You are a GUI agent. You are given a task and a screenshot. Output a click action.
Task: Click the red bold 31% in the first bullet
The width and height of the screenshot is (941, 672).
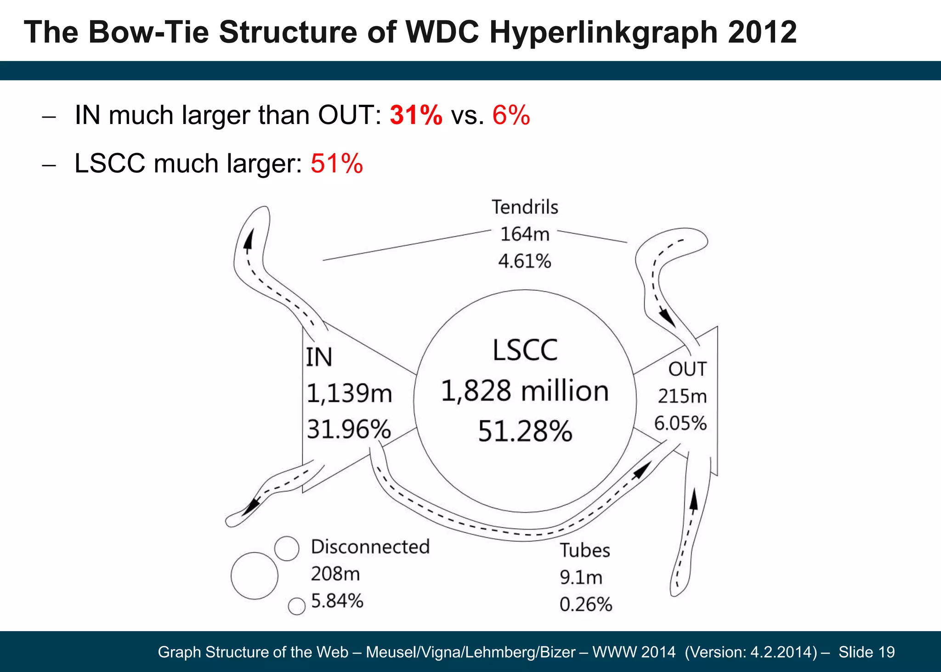tap(416, 115)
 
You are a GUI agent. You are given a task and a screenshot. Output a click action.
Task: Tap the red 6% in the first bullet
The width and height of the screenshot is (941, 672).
tap(511, 115)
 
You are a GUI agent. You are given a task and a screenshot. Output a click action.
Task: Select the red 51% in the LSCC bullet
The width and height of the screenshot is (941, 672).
tap(337, 164)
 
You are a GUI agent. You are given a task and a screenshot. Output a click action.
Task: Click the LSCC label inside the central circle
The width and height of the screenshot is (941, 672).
tap(525, 350)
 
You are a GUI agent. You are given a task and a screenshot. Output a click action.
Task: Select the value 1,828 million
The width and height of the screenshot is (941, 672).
tap(525, 391)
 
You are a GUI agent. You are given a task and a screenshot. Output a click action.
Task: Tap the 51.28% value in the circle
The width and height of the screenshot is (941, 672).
tap(525, 432)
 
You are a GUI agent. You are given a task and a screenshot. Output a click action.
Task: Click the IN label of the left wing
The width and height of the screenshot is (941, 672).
tap(319, 358)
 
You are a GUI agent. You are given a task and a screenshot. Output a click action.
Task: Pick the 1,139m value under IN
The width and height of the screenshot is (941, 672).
tap(349, 394)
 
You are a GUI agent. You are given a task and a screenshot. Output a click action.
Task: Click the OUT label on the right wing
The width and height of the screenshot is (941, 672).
tap(687, 369)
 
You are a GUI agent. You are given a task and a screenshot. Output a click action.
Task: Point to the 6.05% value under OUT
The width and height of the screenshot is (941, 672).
tap(680, 423)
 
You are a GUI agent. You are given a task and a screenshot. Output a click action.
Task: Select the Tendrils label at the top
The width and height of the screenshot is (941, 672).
tap(525, 207)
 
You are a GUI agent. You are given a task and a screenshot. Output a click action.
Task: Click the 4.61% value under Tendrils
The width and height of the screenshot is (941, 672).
tap(525, 261)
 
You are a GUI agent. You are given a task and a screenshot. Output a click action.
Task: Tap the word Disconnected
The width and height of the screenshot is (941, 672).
tap(370, 547)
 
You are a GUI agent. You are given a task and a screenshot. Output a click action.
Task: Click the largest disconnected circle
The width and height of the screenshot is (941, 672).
tap(254, 576)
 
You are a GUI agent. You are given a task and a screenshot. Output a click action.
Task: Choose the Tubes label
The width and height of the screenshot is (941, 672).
tap(584, 550)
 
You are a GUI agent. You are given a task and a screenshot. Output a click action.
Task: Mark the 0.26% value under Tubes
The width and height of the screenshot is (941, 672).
tap(586, 604)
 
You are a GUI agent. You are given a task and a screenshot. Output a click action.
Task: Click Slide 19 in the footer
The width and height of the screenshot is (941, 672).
tap(867, 652)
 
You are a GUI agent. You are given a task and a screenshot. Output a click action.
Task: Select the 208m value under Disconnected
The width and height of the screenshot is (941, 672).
tap(335, 574)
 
